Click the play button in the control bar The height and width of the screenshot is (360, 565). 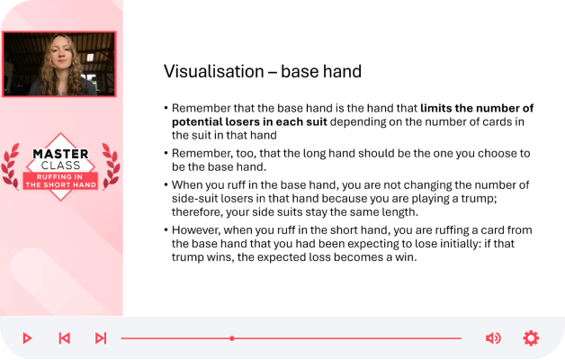pyautogui.click(x=27, y=338)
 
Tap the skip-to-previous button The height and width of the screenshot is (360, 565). pyautogui.click(x=64, y=338)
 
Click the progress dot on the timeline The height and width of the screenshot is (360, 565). pyautogui.click(x=232, y=338)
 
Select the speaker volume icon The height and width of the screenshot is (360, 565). pyautogui.click(x=493, y=338)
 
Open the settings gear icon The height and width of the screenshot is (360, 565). pyautogui.click(x=531, y=338)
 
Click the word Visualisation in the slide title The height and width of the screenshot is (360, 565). pyautogui.click(x=214, y=71)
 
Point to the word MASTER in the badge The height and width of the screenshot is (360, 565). pyautogui.click(x=60, y=154)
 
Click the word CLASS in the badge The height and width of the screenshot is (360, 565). pyautogui.click(x=60, y=166)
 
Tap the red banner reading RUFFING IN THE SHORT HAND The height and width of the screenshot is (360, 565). pyautogui.click(x=60, y=181)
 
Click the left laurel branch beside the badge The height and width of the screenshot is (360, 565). pyautogui.click(x=11, y=166)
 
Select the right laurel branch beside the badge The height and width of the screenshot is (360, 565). pyautogui.click(x=111, y=166)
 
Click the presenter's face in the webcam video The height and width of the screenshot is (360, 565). pyautogui.click(x=61, y=54)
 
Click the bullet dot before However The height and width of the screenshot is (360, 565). pyautogui.click(x=166, y=229)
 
